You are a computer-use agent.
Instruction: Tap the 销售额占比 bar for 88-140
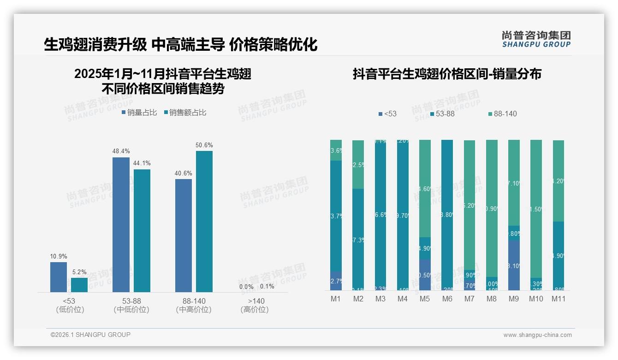click(x=204, y=221)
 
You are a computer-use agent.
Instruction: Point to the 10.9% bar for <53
click(x=59, y=277)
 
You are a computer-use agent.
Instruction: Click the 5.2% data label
click(x=79, y=272)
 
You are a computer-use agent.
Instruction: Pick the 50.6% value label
click(x=204, y=145)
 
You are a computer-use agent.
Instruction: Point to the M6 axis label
click(x=447, y=299)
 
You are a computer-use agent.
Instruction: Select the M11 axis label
click(x=558, y=299)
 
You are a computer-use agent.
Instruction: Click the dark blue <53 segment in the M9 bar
click(x=514, y=265)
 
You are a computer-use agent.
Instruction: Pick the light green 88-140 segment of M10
click(x=536, y=208)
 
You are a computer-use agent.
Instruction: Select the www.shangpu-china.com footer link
click(x=537, y=335)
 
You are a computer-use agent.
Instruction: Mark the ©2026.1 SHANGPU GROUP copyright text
click(x=90, y=335)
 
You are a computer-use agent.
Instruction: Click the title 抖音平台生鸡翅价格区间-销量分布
click(x=447, y=74)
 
